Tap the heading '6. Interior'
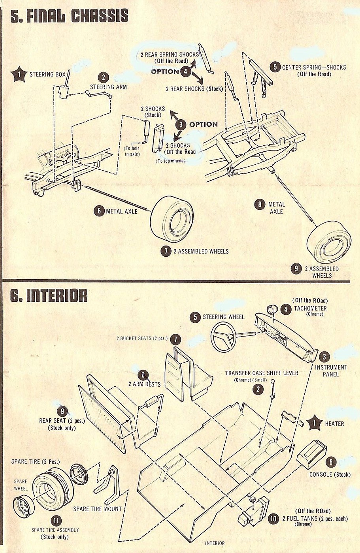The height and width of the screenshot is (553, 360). click(x=49, y=295)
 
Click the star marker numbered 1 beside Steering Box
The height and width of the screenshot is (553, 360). click(x=19, y=74)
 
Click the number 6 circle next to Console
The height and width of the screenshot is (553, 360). click(x=331, y=462)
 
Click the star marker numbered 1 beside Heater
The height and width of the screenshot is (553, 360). click(x=315, y=423)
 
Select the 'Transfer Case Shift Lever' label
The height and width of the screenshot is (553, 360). click(x=262, y=373)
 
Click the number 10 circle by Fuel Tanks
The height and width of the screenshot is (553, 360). click(x=273, y=518)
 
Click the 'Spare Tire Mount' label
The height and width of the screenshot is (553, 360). click(x=98, y=509)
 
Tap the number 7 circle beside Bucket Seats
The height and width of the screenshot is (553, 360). click(x=175, y=339)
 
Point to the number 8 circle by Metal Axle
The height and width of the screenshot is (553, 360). click(x=260, y=204)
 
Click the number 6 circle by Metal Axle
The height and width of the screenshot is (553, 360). click(x=99, y=211)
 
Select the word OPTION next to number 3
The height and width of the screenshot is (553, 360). click(x=203, y=124)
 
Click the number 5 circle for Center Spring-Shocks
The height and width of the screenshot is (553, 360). click(x=275, y=67)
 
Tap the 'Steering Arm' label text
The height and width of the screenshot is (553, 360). click(x=108, y=87)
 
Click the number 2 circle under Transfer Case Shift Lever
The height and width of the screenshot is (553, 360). click(x=258, y=389)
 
